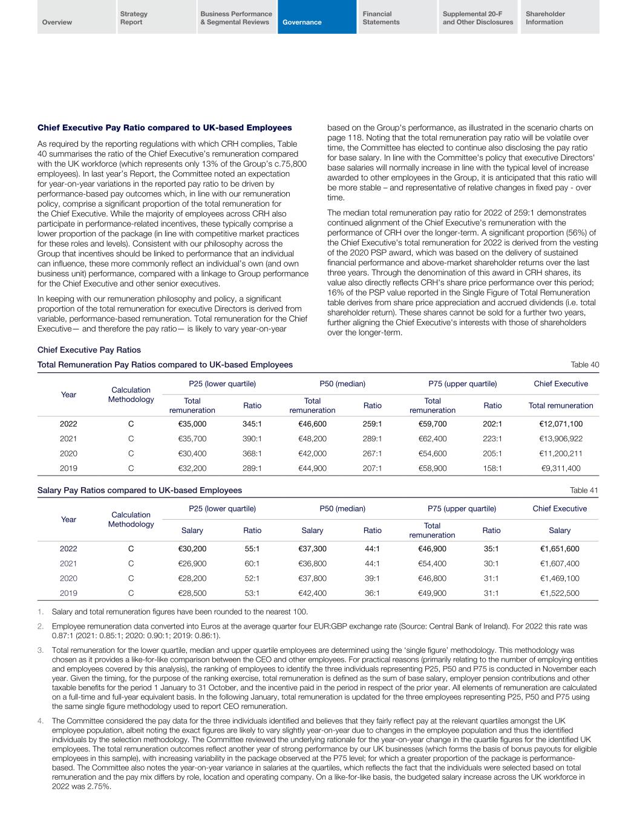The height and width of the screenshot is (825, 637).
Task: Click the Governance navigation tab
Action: [303, 22]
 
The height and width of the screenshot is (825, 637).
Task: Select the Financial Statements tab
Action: [381, 18]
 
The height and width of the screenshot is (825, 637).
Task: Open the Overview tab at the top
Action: [57, 22]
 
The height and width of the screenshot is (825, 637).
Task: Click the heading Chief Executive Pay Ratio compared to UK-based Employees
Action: [165, 128]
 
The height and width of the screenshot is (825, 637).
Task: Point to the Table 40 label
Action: [585, 364]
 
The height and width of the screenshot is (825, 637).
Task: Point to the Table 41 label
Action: [584, 490]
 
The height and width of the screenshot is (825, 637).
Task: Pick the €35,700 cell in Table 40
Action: [192, 438]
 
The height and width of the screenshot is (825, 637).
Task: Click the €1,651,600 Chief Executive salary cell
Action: [560, 549]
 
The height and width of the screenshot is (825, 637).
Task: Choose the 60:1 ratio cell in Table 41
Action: [252, 564]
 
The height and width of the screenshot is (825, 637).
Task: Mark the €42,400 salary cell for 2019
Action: [312, 594]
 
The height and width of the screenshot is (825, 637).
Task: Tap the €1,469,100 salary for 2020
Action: [560, 578]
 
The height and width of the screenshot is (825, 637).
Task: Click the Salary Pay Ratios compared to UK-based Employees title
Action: [140, 490]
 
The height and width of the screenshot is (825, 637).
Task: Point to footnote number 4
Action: [40, 720]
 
